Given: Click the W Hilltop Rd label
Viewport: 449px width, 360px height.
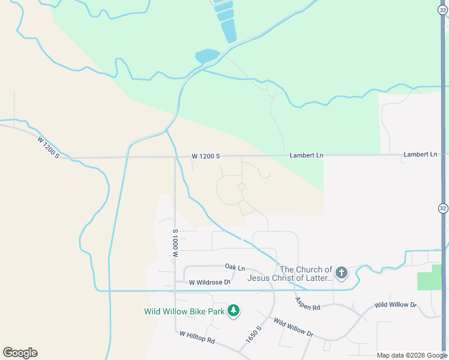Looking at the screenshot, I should pyautogui.click(x=197, y=337).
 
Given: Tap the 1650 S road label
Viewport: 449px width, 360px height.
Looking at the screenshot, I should pyautogui.click(x=253, y=335).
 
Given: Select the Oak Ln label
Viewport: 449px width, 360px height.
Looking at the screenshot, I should pyautogui.click(x=235, y=266).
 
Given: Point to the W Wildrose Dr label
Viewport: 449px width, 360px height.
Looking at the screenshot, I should pyautogui.click(x=209, y=282).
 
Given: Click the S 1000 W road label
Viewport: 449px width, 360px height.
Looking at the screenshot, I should pyautogui.click(x=175, y=243).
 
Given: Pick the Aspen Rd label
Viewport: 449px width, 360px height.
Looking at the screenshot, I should pyautogui.click(x=307, y=304).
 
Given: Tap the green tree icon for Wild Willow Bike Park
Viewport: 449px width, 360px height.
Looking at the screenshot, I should pyautogui.click(x=234, y=311).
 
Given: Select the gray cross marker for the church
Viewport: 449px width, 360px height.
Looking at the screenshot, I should pyautogui.click(x=341, y=274).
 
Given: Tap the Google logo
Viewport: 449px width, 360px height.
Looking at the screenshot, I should pyautogui.click(x=20, y=353).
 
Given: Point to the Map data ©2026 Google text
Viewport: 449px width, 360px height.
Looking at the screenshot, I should pyautogui.click(x=412, y=355).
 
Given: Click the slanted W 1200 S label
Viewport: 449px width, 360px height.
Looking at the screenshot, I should pyautogui.click(x=49, y=148).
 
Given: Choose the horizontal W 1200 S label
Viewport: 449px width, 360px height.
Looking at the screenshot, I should pyautogui.click(x=206, y=156).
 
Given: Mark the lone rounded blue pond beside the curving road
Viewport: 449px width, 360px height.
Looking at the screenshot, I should pyautogui.click(x=207, y=56).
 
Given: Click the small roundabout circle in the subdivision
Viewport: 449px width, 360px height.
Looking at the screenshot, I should pyautogui.click(x=241, y=187).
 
